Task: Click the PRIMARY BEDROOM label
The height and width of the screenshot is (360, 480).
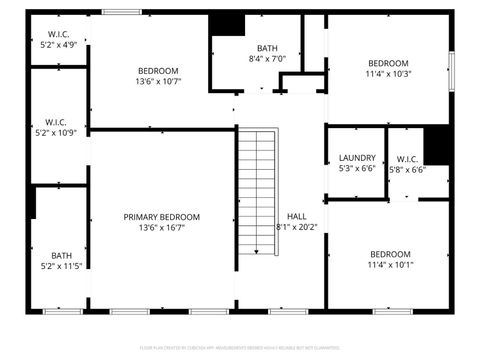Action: [161, 217]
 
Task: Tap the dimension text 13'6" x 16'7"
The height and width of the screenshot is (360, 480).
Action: [161, 228]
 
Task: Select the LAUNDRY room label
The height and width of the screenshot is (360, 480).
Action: [357, 158]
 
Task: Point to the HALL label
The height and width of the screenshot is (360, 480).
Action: [296, 216]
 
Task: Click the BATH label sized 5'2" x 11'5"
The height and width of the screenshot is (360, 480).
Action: [62, 255]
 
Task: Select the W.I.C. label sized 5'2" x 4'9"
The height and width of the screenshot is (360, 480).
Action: [59, 34]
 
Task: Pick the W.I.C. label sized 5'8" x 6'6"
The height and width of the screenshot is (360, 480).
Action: [407, 158]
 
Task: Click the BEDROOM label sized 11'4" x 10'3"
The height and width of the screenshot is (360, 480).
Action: [388, 63]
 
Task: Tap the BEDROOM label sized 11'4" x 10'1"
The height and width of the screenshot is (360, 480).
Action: [389, 254]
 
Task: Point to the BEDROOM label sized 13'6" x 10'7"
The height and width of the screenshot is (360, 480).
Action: [158, 71]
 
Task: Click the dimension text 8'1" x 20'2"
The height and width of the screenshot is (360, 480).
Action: [296, 227]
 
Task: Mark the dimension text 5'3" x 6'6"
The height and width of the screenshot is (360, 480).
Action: [357, 169]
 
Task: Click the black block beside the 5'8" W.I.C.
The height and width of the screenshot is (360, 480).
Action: [438, 146]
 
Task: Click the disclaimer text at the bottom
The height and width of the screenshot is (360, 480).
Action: [240, 348]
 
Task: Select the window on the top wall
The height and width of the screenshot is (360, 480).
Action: [121, 12]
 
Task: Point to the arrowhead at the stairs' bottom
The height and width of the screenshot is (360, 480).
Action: [257, 251]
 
